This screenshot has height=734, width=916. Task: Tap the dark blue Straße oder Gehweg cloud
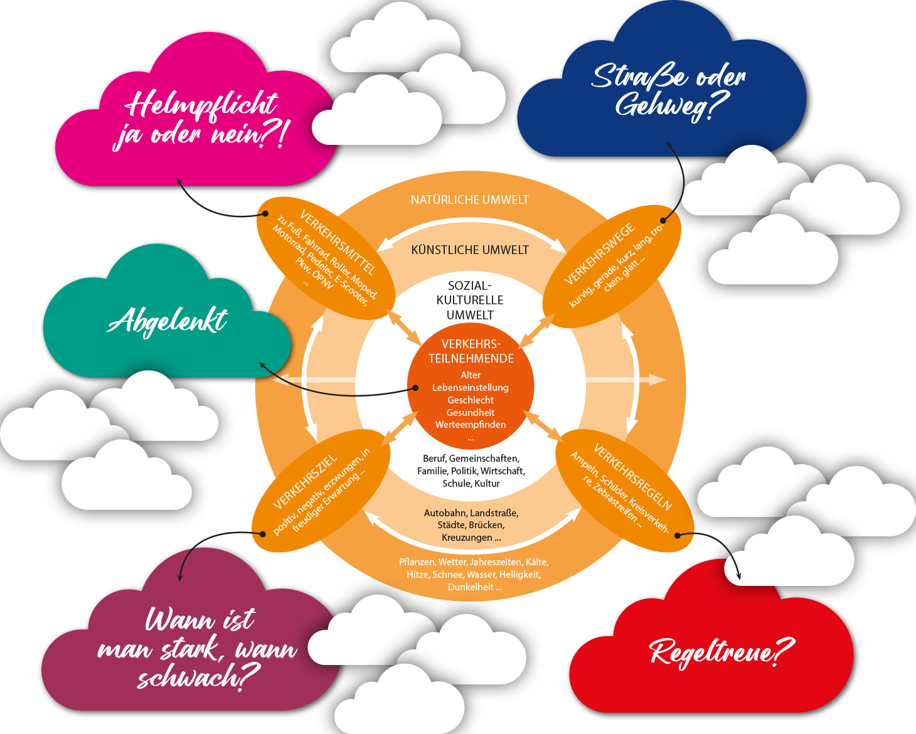coord(665,94)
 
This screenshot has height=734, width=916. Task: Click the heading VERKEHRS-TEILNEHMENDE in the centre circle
coord(471,351)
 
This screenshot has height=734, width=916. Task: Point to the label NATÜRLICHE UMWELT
coord(469,200)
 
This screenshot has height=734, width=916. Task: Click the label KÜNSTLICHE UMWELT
coord(469,250)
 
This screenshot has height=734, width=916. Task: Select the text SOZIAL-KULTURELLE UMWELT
coord(470,301)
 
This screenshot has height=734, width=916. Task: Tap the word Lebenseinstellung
coord(471,388)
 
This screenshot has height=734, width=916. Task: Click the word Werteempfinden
coord(471,425)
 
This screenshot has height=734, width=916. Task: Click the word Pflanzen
coord(417,562)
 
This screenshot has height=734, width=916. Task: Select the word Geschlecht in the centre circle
coord(471,400)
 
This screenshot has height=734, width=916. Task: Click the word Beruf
coord(434,459)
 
